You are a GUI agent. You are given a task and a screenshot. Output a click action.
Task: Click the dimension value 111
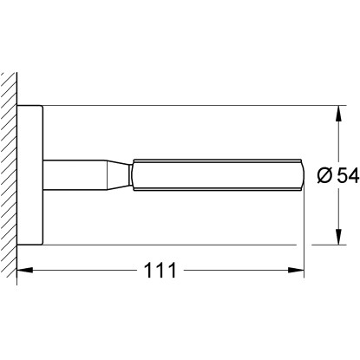point(160,271)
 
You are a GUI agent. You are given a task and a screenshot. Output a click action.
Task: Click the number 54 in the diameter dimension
point(348,175)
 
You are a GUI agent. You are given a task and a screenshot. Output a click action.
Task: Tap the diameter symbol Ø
point(325,175)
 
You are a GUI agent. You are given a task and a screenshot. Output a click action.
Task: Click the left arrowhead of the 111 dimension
point(25,270)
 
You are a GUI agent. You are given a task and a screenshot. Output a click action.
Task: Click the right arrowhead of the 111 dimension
point(296,270)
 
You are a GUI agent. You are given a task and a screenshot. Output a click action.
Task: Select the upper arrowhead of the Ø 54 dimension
point(338,113)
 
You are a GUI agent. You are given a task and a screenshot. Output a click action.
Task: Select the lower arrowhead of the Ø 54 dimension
point(338,237)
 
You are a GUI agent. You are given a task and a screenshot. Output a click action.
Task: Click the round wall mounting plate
point(30,175)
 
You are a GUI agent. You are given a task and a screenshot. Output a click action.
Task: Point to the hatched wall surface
point(9,178)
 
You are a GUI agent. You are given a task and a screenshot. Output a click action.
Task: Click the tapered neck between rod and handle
point(118,175)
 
